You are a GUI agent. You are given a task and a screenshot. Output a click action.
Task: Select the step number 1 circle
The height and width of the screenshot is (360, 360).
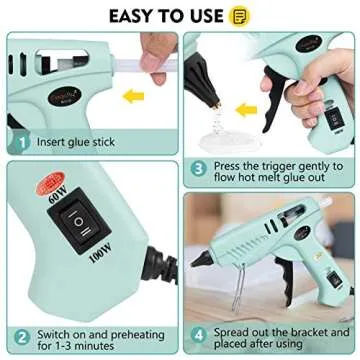pos(18,142)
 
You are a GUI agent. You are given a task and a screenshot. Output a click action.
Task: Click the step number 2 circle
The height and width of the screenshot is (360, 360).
pos(18,337)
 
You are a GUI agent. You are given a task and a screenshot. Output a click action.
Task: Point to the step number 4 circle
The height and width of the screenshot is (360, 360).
pos(199,337)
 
